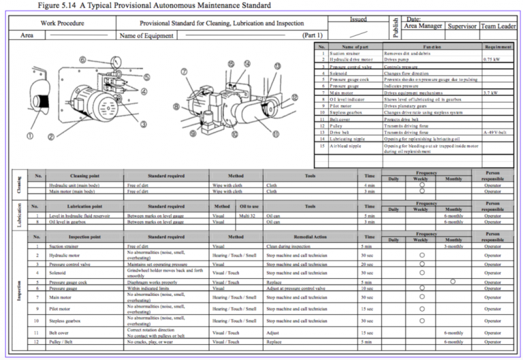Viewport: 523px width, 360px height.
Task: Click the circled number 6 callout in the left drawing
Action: tap(82, 61)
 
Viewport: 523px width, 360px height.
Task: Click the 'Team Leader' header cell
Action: tap(498, 26)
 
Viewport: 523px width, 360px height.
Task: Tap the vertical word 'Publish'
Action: tap(395, 28)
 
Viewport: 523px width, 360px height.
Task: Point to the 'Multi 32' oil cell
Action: tap(247, 216)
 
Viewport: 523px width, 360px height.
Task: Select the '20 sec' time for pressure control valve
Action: tap(368, 263)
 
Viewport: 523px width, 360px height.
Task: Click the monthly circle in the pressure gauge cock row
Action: tap(453, 281)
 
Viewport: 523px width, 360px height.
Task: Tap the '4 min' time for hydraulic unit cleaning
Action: tap(369, 185)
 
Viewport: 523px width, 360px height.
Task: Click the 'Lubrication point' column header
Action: tap(86, 206)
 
